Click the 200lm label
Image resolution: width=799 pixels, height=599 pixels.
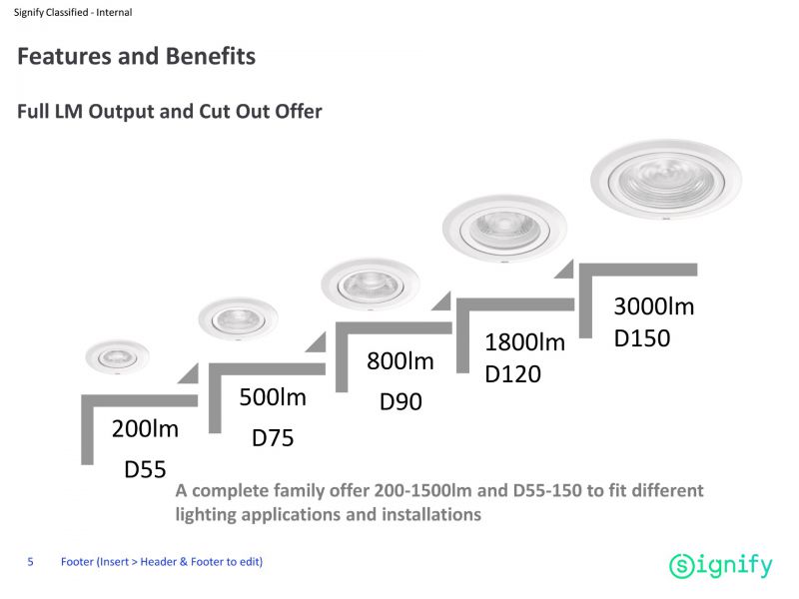pos(145,429)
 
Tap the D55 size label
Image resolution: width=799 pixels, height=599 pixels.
pos(145,469)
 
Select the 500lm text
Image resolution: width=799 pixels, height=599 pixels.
pos(273,397)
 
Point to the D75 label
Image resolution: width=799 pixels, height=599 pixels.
pos(273,438)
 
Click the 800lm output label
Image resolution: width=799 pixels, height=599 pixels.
pos(400,361)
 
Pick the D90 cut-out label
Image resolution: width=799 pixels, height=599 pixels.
pos(400,402)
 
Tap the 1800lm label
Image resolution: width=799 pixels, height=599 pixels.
pos(525,342)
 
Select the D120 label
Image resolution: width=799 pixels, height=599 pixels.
pos(512,374)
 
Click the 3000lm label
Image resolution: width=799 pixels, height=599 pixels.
pos(654,306)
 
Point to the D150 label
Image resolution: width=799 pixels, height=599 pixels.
pos(642,338)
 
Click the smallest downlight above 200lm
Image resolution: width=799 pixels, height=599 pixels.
pos(117,356)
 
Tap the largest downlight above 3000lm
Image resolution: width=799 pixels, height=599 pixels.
pos(666,180)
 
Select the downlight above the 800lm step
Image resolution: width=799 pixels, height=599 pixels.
pos(371,284)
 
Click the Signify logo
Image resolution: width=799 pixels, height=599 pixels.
pos(720,565)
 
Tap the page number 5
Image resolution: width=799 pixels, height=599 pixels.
pos(31,562)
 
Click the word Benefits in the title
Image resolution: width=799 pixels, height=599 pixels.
pos(211,56)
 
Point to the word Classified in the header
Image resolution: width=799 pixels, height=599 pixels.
pos(67,12)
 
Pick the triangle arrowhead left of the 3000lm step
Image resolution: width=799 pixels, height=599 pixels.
pos(563,269)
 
